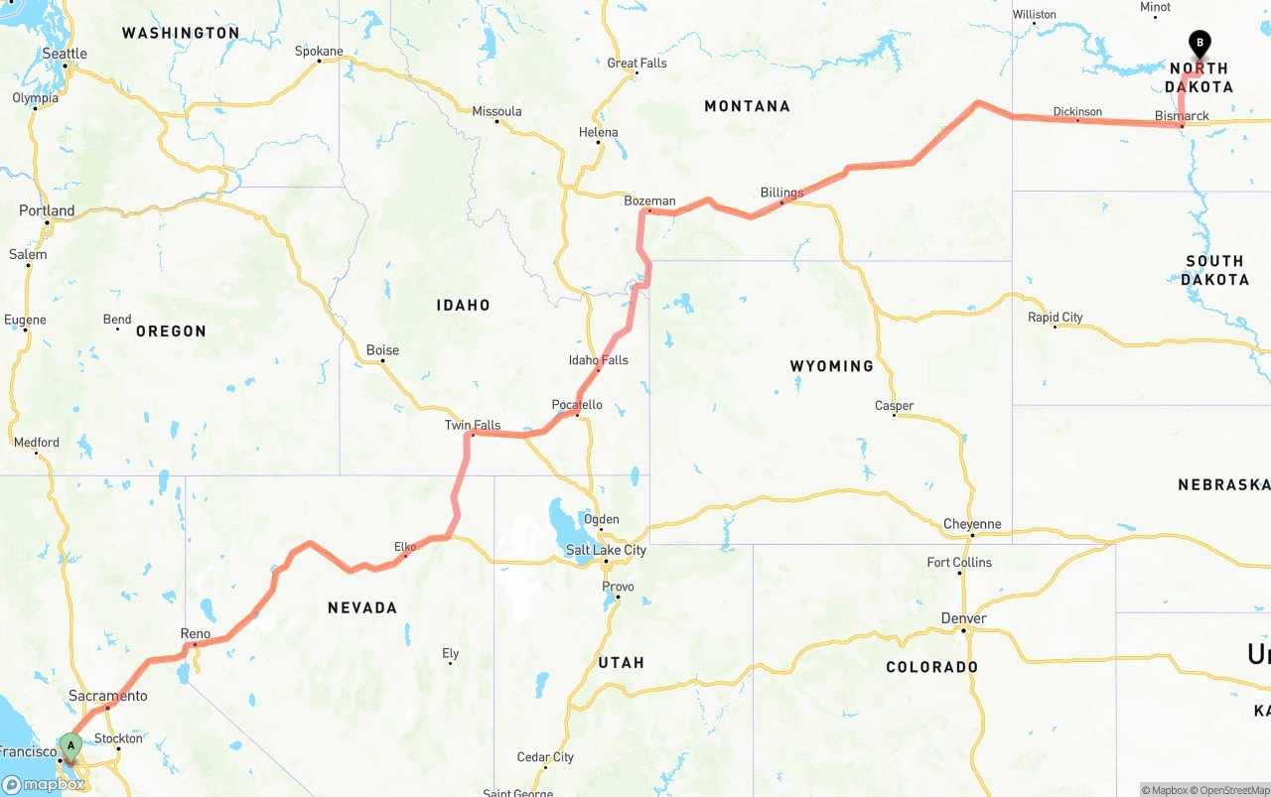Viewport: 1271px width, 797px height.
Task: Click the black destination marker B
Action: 1200,44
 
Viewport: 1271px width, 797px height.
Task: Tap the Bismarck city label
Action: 1182,116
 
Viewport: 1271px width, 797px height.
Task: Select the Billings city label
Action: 781,193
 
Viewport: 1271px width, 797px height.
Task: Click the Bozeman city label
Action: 649,200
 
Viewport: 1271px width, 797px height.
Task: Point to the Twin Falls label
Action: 473,425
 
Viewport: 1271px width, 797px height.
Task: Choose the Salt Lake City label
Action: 606,550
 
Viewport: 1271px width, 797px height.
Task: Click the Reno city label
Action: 196,633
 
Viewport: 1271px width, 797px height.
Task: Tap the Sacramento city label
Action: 108,696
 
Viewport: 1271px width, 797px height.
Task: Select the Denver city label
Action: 963,618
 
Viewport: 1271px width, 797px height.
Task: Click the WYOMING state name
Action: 831,366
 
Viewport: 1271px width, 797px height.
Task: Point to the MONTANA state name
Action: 747,106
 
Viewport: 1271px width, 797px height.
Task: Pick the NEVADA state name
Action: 362,607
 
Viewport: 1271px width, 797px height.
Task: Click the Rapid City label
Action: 1055,318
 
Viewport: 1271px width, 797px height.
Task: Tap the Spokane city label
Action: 319,52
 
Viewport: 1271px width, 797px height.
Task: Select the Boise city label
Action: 382,349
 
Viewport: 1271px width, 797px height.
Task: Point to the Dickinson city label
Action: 1077,111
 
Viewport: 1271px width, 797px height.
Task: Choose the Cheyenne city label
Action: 971,524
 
